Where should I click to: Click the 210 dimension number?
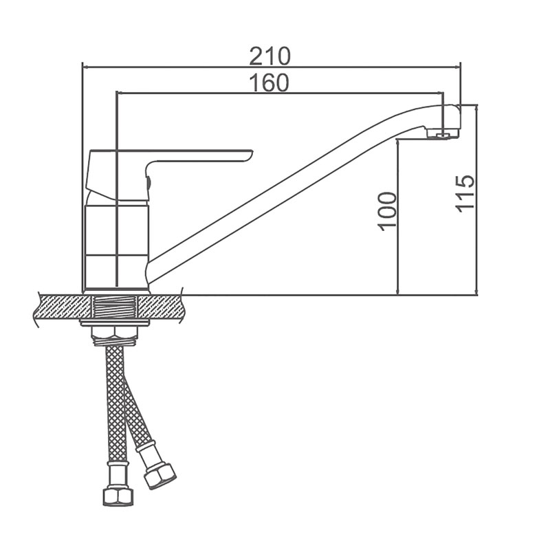269,56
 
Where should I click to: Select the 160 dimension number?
269,82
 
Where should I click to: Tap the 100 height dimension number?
388,212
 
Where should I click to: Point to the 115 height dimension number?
465,193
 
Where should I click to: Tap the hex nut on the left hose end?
118,496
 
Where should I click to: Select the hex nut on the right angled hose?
159,476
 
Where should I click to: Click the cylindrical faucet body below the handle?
117,247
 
